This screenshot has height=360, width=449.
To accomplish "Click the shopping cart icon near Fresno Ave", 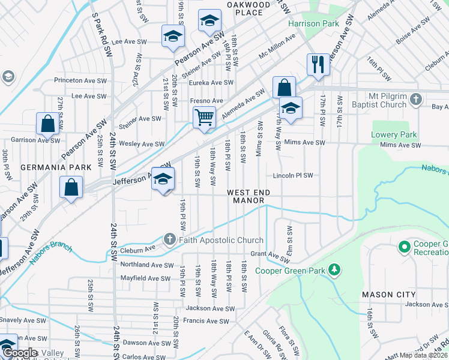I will tap(204, 117).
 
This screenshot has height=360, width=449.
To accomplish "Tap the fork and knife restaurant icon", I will tap(317, 64).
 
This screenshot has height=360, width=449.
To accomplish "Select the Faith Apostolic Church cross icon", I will tap(169, 240).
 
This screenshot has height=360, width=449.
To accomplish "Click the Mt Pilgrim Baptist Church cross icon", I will tap(416, 100).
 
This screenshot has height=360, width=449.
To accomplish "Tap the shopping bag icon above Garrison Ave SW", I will tap(47, 124).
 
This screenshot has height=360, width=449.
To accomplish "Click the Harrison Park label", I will tap(313, 24).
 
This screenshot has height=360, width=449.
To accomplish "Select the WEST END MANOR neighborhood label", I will tap(249, 196).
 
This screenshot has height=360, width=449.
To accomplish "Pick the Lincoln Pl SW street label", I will tap(294, 176).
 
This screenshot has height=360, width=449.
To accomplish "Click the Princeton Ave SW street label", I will tap(80, 80).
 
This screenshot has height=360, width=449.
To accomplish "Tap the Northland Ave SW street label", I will tap(147, 265).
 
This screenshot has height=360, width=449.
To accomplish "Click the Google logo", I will tap(20, 353).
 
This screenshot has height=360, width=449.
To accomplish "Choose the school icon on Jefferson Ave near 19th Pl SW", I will tap(163, 179).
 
